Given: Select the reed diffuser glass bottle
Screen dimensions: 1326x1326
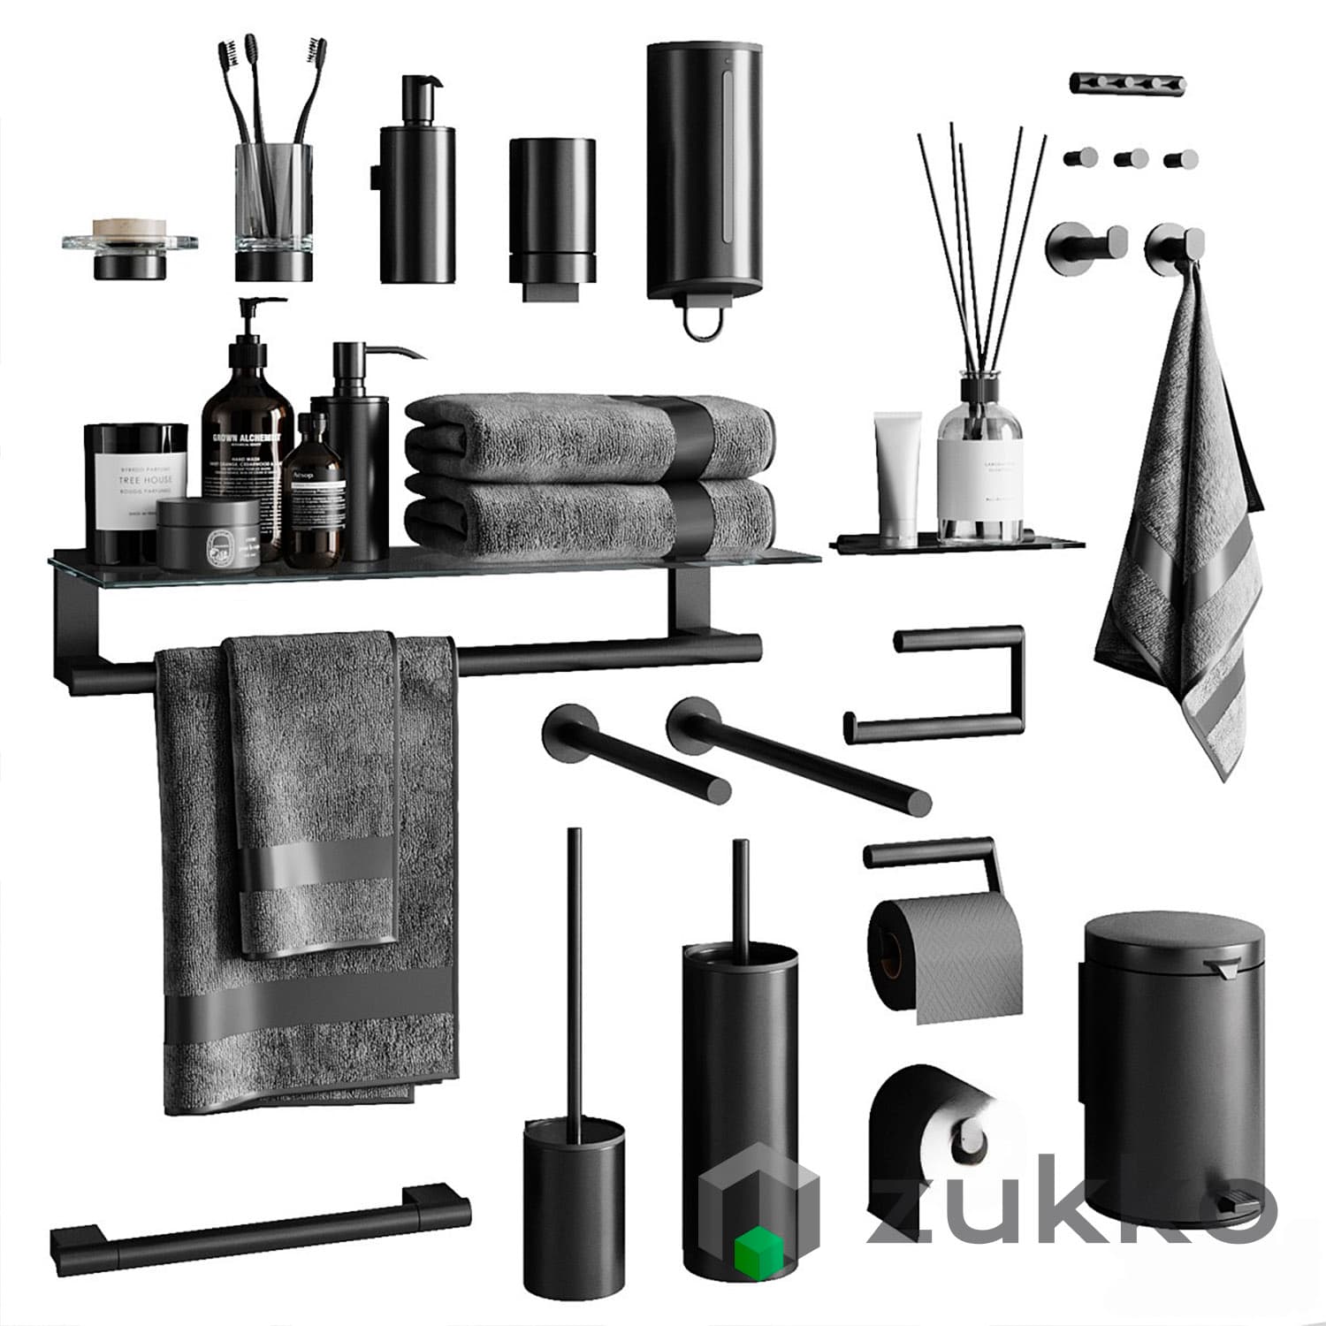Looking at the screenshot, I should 979,469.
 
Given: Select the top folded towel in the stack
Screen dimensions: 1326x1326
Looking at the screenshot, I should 591,438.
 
